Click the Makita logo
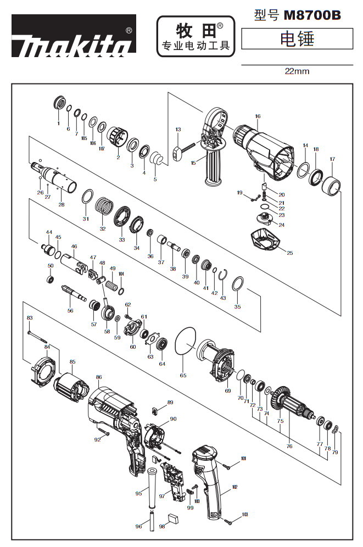[74, 36]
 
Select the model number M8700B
[312, 15]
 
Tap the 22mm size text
[297, 71]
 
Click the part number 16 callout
[258, 116]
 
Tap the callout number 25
[290, 253]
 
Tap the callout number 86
[99, 377]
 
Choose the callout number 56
[70, 310]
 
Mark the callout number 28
[62, 204]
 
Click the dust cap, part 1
[60, 103]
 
